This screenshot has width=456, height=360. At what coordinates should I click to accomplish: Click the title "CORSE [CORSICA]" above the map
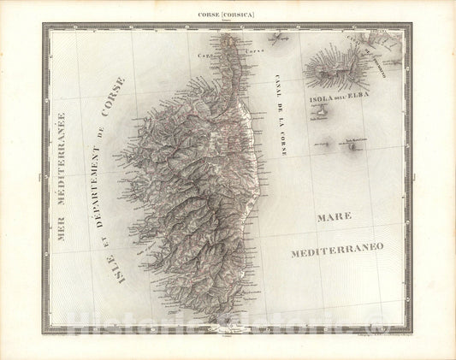click(228, 15)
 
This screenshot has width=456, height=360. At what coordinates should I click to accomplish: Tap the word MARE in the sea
click(335, 219)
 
